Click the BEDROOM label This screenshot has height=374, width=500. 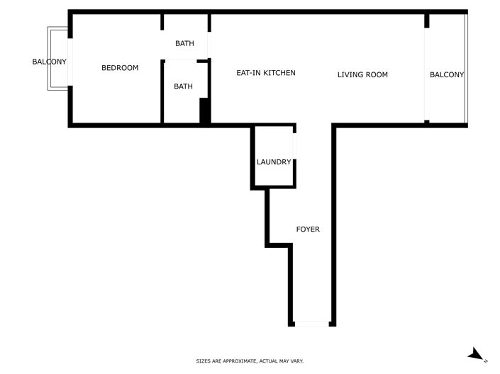click(120, 68)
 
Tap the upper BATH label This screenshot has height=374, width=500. click(184, 44)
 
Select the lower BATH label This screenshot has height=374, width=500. click(183, 86)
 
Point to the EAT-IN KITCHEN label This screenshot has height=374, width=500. click(265, 73)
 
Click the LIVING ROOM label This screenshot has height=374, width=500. click(362, 74)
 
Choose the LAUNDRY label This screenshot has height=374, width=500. click(274, 162)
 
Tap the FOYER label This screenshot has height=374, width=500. click(308, 229)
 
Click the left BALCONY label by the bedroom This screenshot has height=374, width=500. click(49, 62)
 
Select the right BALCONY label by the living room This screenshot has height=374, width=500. click(447, 74)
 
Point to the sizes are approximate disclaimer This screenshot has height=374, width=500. click(250, 361)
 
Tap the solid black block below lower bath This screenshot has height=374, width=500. click(204, 112)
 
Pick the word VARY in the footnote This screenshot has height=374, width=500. click(296, 361)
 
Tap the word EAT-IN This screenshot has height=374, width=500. click(248, 73)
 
